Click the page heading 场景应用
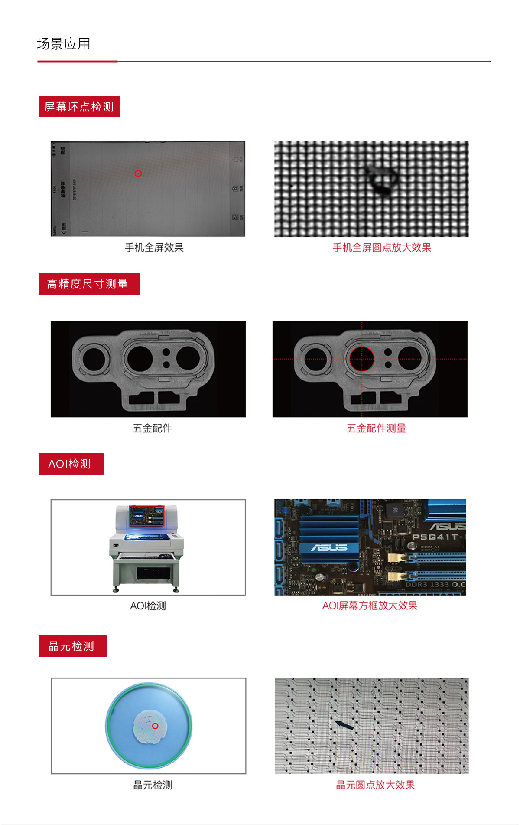[63, 44]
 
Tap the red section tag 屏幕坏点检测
[79, 107]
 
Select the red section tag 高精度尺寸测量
[88, 284]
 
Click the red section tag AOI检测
[71, 464]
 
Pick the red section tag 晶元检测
[72, 646]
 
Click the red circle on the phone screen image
[138, 174]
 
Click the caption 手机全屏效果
[154, 248]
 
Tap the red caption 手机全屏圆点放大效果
[382, 248]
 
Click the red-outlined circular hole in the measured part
[362, 359]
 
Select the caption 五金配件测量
[376, 429]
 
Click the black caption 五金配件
[153, 429]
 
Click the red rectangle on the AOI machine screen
[147, 516]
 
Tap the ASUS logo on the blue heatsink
[329, 548]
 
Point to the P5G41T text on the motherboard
[435, 537]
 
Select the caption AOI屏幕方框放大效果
[370, 606]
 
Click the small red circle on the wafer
[155, 726]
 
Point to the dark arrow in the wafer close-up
[344, 725]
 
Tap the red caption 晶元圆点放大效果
[375, 785]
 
